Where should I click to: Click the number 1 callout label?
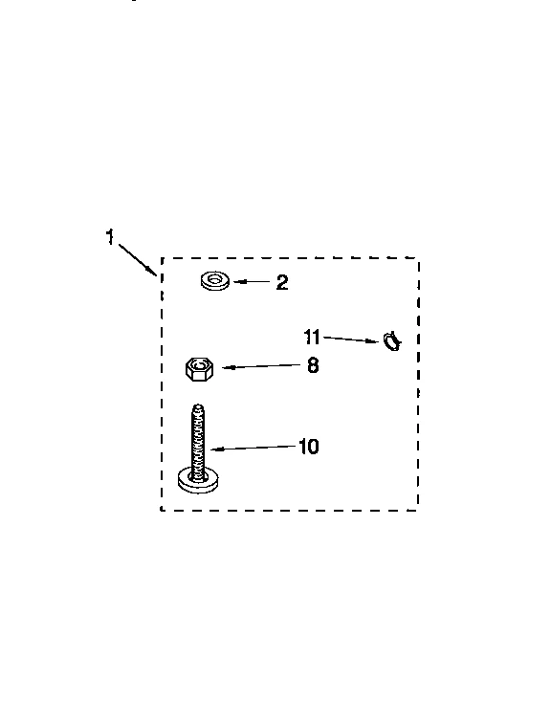(x=110, y=237)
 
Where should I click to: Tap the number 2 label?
(x=282, y=282)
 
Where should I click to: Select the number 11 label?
(x=312, y=337)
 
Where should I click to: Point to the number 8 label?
(x=313, y=365)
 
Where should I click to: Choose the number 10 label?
(x=308, y=447)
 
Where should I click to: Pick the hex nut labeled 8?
(x=199, y=368)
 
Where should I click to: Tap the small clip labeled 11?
(x=392, y=341)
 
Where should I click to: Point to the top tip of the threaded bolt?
(x=198, y=405)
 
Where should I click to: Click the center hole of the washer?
(x=214, y=279)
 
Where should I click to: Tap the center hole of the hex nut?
(x=200, y=365)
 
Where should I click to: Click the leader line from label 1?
(x=137, y=258)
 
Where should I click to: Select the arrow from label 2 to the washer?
(x=252, y=282)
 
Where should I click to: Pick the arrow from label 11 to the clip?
(x=351, y=340)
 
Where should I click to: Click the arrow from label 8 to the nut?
(x=261, y=366)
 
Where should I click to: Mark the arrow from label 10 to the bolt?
(x=253, y=448)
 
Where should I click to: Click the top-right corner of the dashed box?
(x=418, y=258)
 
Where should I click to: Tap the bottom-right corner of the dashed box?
(x=418, y=510)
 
